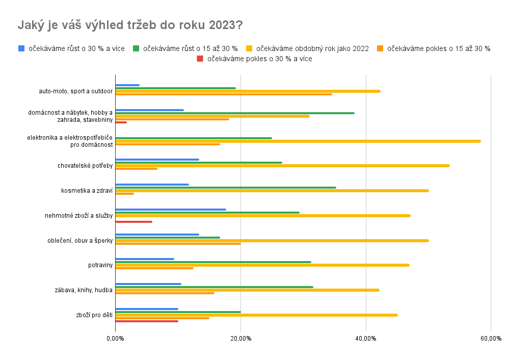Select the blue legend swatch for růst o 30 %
tap(21, 48)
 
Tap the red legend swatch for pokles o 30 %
tap(200, 59)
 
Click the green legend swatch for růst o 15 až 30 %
tap(136, 48)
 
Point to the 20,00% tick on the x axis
tap(240, 339)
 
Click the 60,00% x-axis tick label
tap(490, 339)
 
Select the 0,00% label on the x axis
tap(116, 339)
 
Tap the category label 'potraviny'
tap(100, 265)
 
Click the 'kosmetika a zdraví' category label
tap(87, 191)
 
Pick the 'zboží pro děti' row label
tap(94, 315)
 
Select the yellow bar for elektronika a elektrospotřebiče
tap(298, 141)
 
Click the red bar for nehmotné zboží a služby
tap(133, 222)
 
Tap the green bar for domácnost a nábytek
tap(235, 113)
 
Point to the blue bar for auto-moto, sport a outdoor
tap(127, 85)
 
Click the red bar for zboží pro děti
tap(147, 321)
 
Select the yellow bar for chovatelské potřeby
tap(282, 166)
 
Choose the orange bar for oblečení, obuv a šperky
tap(178, 244)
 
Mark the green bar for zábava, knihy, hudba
tap(214, 287)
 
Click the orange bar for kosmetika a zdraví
tap(125, 194)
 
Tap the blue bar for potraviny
tap(145, 259)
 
